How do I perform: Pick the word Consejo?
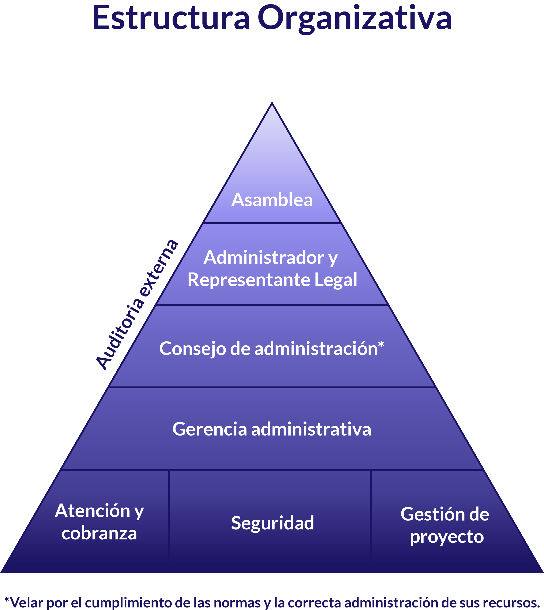[x=193, y=349]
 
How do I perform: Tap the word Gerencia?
[x=209, y=429]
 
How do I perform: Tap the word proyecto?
[x=447, y=537]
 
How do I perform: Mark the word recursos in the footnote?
[x=509, y=602]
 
